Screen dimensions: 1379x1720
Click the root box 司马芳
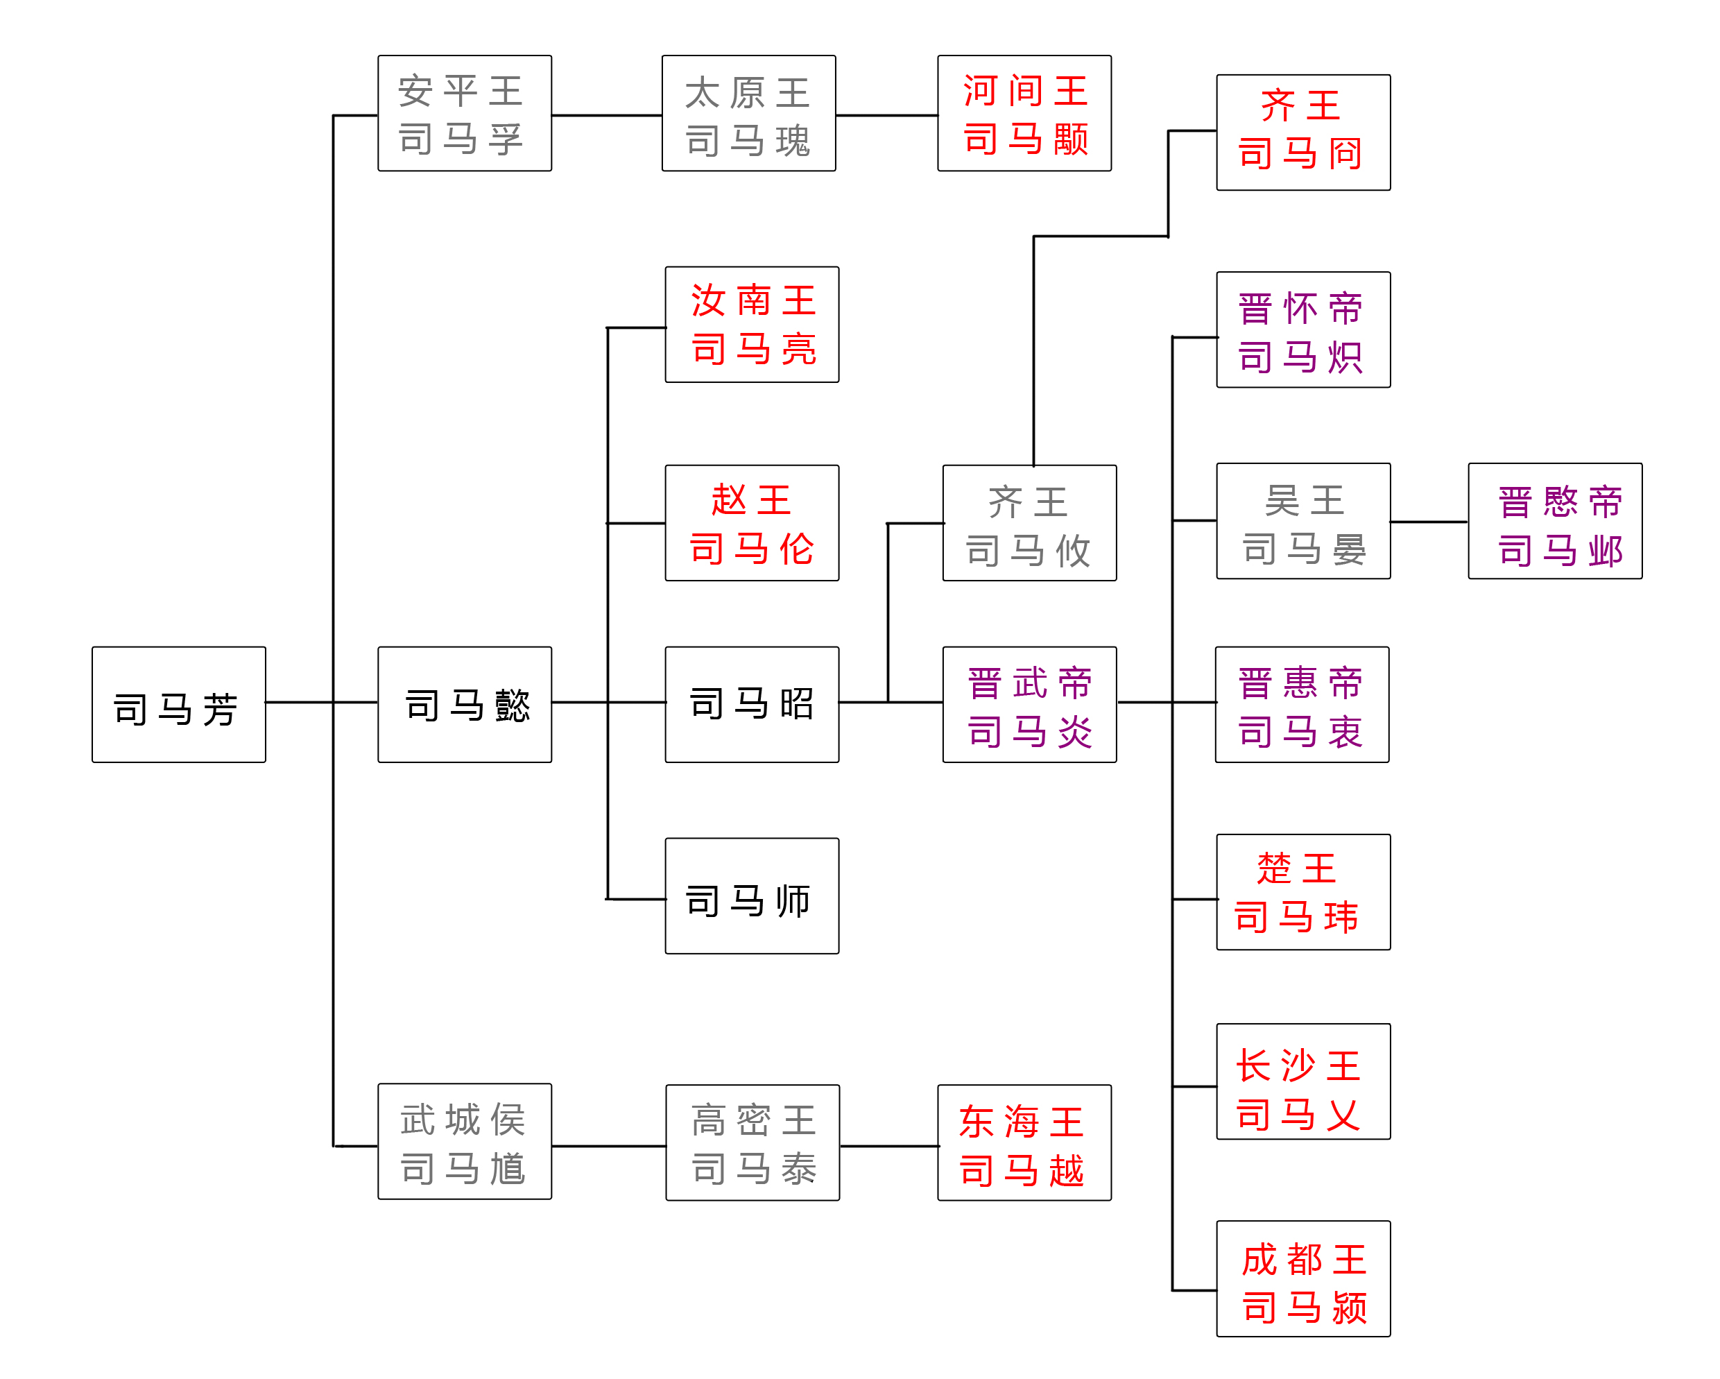pyautogui.click(x=179, y=704)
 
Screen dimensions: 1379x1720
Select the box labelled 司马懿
pyautogui.click(x=464, y=704)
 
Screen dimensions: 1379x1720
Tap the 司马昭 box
pyautogui.click(x=752, y=704)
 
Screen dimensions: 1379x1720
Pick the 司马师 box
pyautogui.click(x=752, y=896)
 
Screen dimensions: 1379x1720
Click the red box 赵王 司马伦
pyautogui.click(x=752, y=523)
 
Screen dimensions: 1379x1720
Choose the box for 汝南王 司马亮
pyautogui.click(x=752, y=324)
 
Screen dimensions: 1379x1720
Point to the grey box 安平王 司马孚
pyautogui.click(x=464, y=113)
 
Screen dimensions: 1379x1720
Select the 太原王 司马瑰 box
pyautogui.click(x=748, y=113)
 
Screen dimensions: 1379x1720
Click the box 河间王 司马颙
pyautogui.click(x=1024, y=113)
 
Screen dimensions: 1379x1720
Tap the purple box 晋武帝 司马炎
pyautogui.click(x=1029, y=704)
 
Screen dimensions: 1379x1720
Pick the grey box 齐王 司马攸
pyautogui.click(x=1029, y=523)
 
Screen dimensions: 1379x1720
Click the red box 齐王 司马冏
pyautogui.click(x=1302, y=132)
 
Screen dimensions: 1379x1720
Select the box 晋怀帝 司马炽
pyautogui.click(x=1302, y=329)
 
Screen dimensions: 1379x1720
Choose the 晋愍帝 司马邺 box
pyautogui.click(x=1555, y=521)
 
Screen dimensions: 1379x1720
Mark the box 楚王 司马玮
pyautogui.click(x=1302, y=891)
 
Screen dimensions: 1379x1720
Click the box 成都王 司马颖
pyautogui.click(x=1302, y=1278)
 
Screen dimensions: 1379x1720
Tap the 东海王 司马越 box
pyautogui.click(x=1024, y=1142)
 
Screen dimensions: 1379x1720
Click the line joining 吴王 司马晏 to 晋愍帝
pyautogui.click(x=1429, y=522)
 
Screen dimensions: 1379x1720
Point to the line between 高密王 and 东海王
pyautogui.click(x=888, y=1146)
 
